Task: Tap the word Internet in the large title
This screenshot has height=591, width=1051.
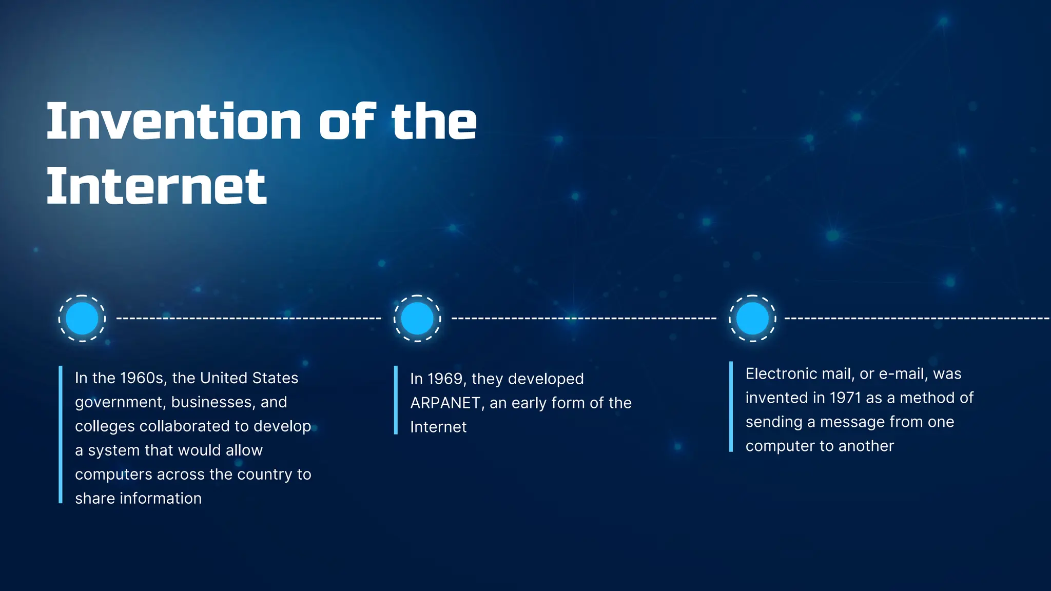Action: coord(157,187)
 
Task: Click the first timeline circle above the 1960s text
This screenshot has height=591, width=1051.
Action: coord(82,318)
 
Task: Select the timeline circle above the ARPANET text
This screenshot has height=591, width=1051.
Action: coord(417,318)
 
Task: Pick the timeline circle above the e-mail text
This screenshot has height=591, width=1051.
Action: coord(752,318)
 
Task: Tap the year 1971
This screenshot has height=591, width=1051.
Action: coord(845,398)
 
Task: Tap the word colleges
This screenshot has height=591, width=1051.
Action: coord(105,426)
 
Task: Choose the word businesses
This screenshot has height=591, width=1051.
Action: coord(212,402)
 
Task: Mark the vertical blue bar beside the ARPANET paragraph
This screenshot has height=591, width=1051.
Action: coord(396,400)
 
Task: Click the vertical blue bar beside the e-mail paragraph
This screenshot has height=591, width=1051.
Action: coord(731,407)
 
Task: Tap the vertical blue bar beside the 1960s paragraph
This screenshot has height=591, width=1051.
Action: coord(61,435)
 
